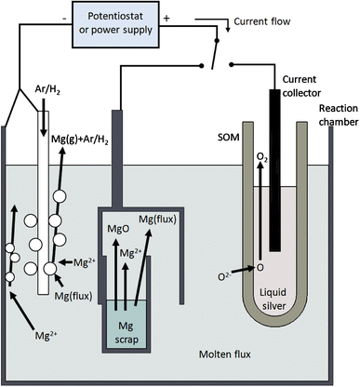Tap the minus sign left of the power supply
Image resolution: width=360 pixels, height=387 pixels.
[63, 16]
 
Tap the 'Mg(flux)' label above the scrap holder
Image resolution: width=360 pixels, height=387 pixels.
[160, 219]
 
